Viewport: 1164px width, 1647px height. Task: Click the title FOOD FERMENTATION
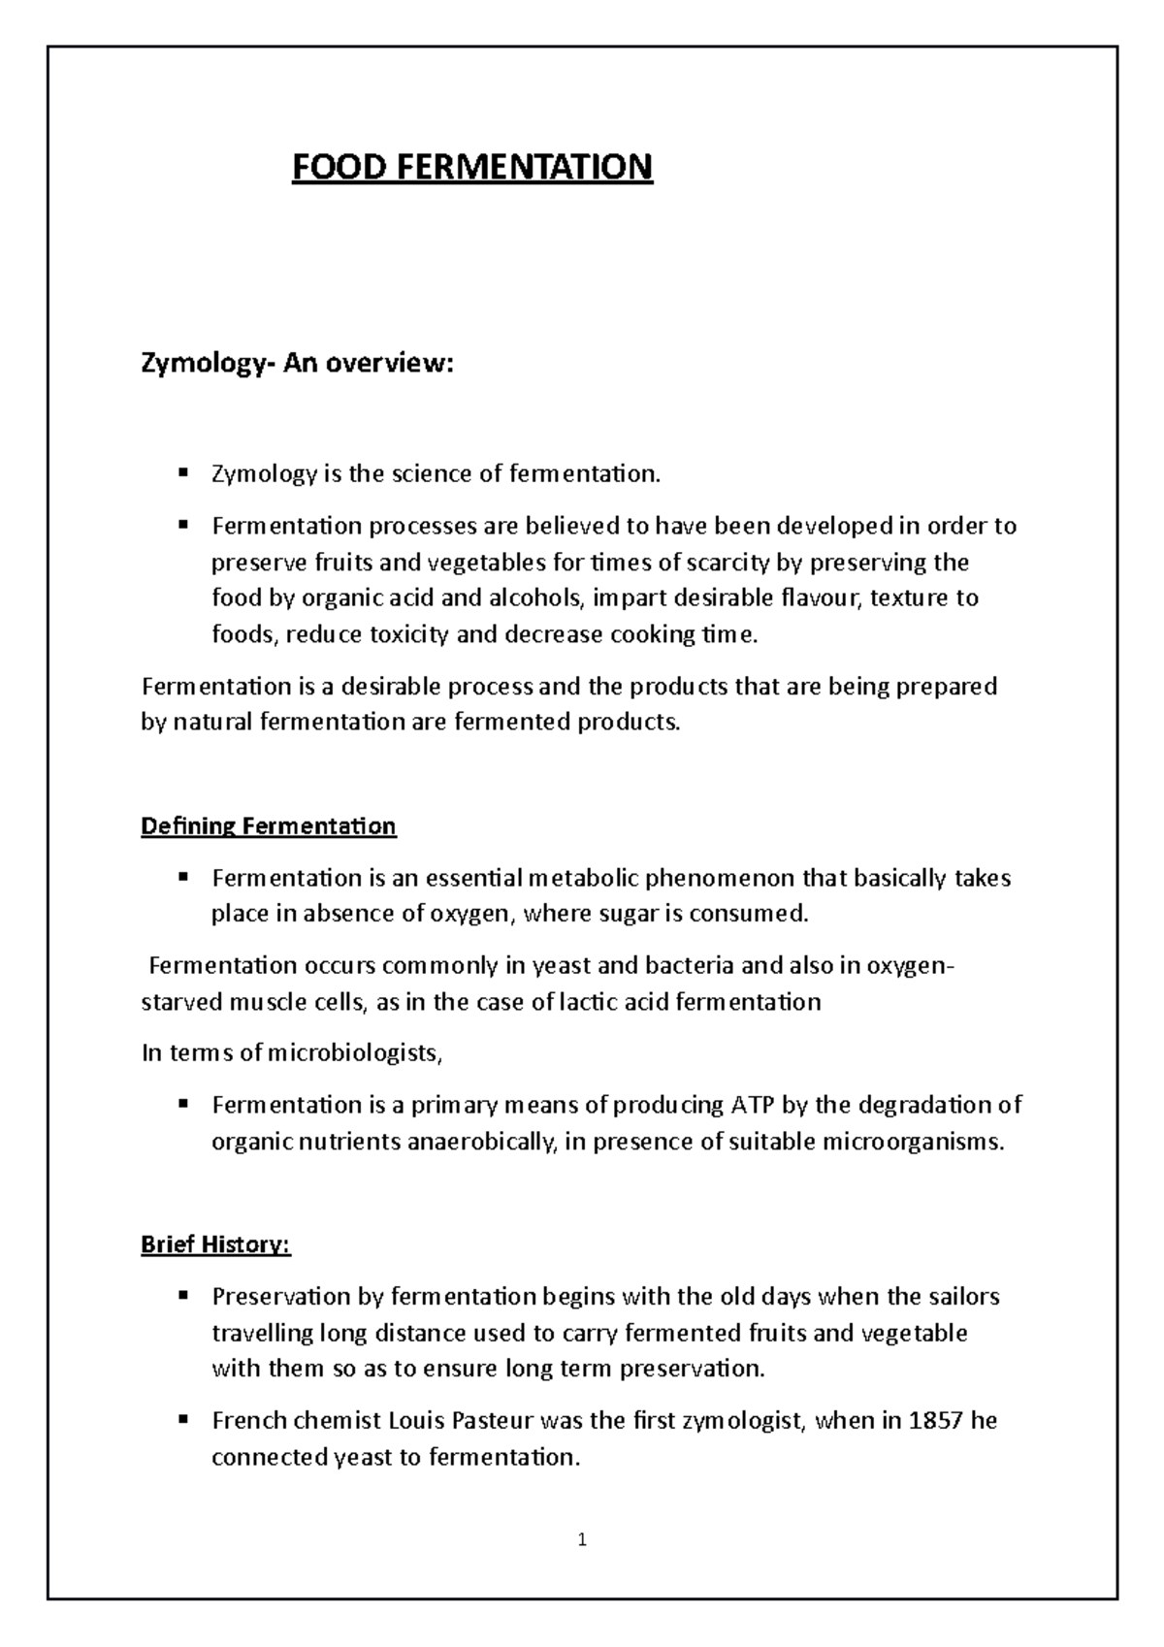point(472,167)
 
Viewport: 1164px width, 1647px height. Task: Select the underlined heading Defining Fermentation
point(269,826)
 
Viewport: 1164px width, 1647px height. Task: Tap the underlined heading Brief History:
point(215,1244)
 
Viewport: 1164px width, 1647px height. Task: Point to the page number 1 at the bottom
point(582,1539)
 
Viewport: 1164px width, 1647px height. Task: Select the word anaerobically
point(482,1142)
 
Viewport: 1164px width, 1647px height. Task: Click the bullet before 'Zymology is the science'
point(182,473)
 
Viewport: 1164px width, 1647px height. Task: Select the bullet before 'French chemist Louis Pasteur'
point(182,1420)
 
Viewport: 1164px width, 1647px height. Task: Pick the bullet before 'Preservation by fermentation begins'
point(182,1296)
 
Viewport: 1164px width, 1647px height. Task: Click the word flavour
point(819,598)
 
